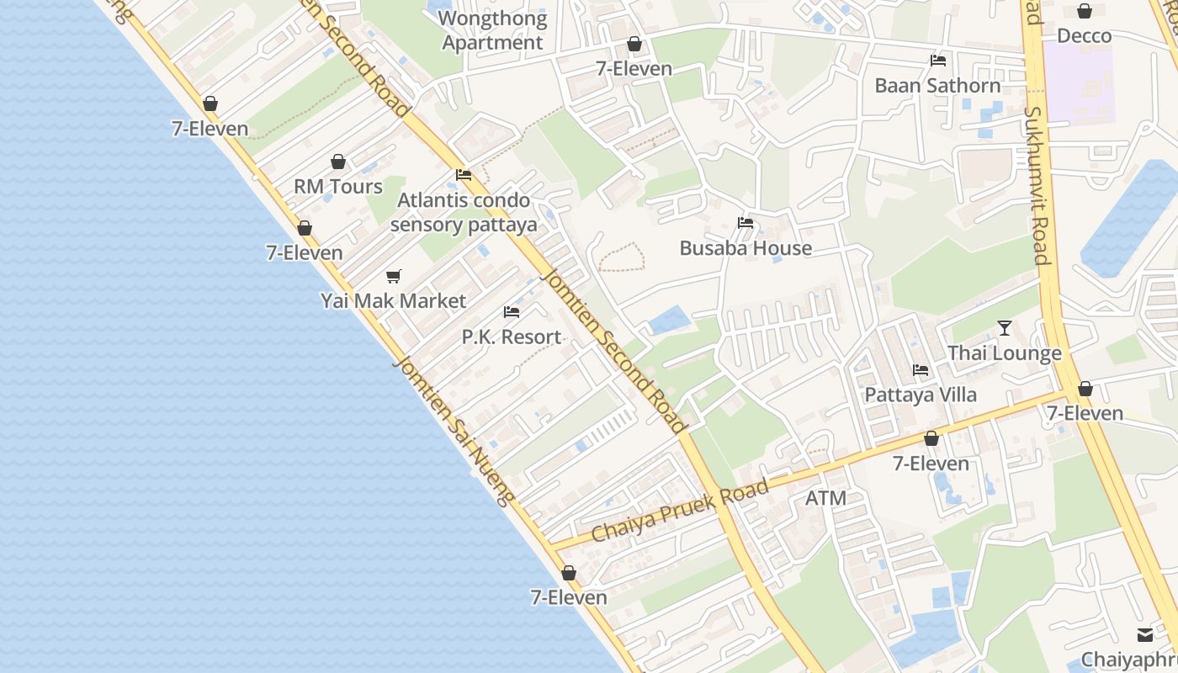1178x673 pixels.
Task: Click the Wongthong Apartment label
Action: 493,30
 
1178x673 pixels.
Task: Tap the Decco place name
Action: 1084,35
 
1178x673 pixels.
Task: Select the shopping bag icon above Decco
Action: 1085,11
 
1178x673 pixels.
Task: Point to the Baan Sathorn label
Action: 937,85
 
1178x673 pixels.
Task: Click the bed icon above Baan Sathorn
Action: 938,61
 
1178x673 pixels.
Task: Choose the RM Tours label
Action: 337,186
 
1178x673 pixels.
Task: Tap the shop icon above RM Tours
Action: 338,162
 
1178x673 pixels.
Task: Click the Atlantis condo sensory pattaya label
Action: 464,212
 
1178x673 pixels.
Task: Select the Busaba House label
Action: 746,247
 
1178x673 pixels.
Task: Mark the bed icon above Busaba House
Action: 746,223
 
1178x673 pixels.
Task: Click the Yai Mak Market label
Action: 393,300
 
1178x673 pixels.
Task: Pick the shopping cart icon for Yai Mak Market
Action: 394,276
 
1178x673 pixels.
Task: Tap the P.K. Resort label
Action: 511,336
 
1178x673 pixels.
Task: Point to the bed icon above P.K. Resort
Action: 512,312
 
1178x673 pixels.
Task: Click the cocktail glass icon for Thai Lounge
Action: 1005,328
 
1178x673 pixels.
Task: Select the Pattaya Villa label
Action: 921,395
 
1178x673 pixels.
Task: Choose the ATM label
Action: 825,498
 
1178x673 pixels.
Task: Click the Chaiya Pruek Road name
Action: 680,510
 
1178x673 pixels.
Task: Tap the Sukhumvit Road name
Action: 1037,185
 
